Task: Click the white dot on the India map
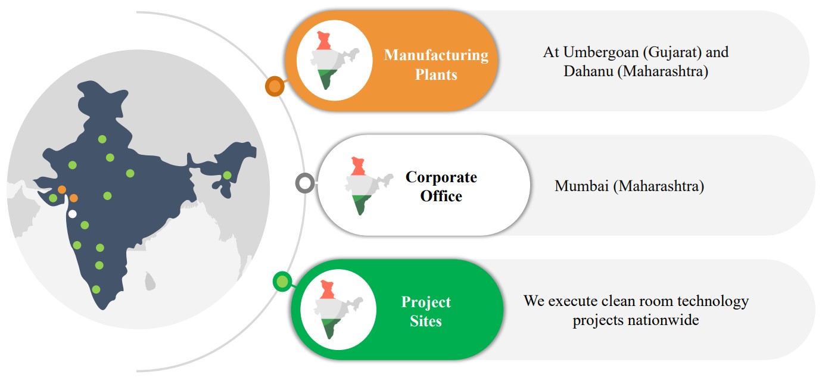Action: [x=73, y=214]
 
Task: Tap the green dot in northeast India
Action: [x=228, y=175]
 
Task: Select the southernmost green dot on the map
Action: [x=96, y=289]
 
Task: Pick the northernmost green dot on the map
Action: [x=102, y=139]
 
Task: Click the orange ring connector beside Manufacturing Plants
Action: [x=275, y=86]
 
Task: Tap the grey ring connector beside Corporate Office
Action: [x=305, y=183]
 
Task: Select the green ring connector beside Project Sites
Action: [x=282, y=282]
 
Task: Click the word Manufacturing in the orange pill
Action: [x=437, y=55]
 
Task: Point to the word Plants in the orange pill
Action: [x=437, y=74]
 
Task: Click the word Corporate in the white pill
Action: [x=441, y=177]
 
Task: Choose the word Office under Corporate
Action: [x=441, y=196]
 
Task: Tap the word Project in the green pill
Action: [x=426, y=302]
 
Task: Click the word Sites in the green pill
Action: [x=426, y=321]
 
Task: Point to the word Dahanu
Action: [x=589, y=71]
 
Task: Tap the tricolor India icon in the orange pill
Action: [x=334, y=61]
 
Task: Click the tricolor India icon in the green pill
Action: [x=338, y=310]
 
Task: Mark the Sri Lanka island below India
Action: [x=150, y=281]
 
